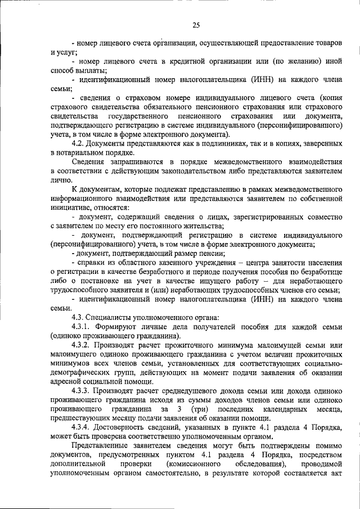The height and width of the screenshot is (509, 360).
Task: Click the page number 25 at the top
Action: coord(196,24)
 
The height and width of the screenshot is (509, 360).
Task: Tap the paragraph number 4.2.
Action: coord(79,143)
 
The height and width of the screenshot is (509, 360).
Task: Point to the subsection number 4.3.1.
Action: coord(83,326)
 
